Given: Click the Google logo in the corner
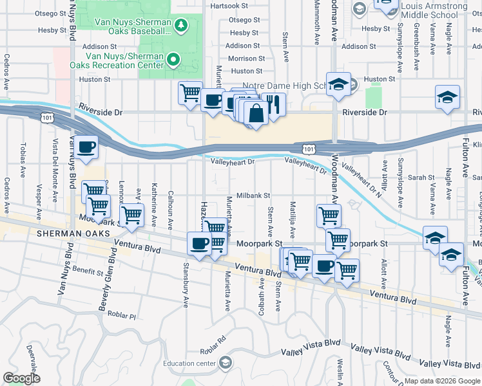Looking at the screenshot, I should point(22,378).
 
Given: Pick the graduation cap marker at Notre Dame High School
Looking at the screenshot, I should point(338,85).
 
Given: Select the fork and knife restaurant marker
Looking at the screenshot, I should point(274,103).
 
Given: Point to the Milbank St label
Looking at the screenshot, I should point(253,195).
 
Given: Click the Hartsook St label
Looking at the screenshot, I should point(229,6).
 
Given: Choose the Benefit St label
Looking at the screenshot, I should point(88,271).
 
